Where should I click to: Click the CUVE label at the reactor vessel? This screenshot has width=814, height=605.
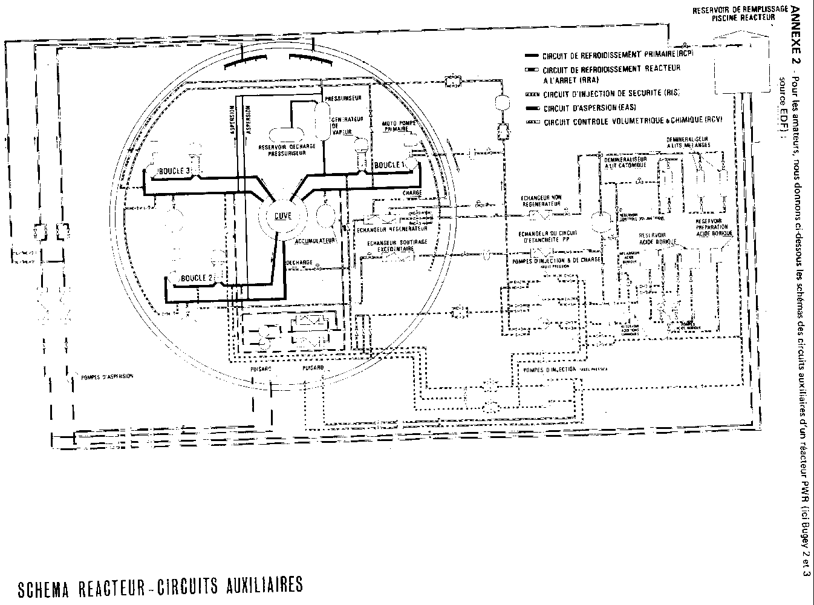click(282, 216)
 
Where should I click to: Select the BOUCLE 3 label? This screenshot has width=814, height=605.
click(175, 172)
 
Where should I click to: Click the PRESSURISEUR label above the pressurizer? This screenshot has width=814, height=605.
click(343, 97)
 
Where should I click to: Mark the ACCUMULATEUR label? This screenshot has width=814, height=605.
click(315, 241)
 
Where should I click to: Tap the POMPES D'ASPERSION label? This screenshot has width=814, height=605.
click(106, 376)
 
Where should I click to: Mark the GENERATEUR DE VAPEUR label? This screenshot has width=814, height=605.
click(347, 127)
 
